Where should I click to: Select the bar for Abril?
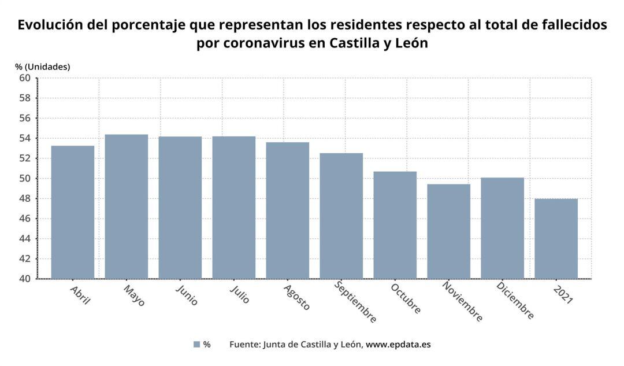click(73, 212)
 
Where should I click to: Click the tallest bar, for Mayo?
click(127, 206)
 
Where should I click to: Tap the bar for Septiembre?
click(341, 216)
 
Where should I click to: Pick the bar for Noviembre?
click(448, 231)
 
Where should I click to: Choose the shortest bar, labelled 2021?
click(556, 239)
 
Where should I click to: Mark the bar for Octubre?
click(395, 225)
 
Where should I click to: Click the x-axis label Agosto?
click(297, 297)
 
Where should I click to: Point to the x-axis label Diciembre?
click(515, 301)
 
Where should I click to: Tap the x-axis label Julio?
click(240, 294)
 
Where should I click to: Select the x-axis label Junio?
click(187, 294)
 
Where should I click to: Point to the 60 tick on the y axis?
click(25, 78)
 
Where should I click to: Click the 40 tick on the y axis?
click(25, 279)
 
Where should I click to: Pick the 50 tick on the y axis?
click(25, 179)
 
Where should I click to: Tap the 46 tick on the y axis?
click(25, 219)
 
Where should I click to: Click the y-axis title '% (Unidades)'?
click(43, 66)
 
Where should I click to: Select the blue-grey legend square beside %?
click(196, 345)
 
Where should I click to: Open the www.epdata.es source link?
click(398, 345)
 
